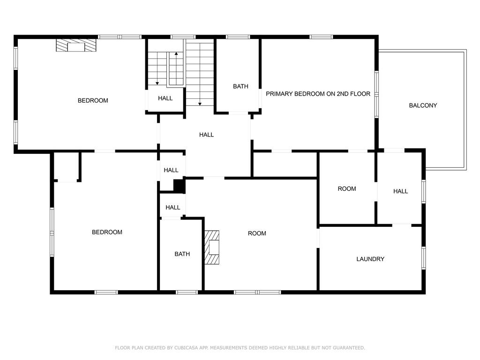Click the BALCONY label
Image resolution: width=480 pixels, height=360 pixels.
click(x=423, y=105)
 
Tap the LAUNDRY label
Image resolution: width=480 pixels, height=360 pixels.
click(x=370, y=259)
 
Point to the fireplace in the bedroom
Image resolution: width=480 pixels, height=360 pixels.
click(x=76, y=45)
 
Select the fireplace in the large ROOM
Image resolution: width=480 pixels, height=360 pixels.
click(x=212, y=247)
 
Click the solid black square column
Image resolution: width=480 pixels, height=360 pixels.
click(x=179, y=185)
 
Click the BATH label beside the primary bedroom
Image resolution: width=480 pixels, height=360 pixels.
click(x=240, y=86)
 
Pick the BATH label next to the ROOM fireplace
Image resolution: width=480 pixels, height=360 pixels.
click(x=182, y=254)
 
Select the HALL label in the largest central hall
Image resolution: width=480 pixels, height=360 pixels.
click(x=206, y=135)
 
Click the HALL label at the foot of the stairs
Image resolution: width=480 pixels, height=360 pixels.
click(x=165, y=98)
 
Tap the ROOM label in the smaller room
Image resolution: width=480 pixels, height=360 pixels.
click(x=347, y=188)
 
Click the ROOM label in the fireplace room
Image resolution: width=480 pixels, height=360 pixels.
click(x=257, y=233)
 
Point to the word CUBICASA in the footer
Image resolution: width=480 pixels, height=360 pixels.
click(x=185, y=348)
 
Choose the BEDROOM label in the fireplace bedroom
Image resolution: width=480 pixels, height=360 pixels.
click(x=93, y=100)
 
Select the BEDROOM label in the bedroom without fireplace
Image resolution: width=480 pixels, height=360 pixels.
click(x=107, y=232)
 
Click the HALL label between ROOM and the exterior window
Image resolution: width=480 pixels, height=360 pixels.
click(x=400, y=191)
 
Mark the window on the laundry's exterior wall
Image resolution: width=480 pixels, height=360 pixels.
click(x=424, y=258)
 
